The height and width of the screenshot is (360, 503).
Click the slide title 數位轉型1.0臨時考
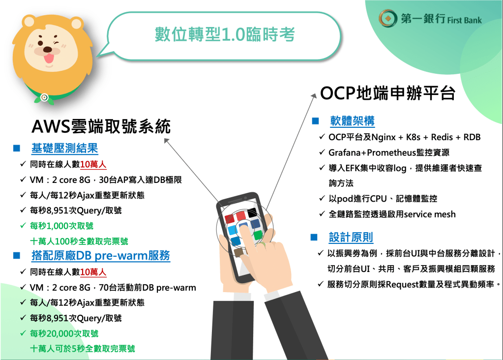click(x=225, y=34)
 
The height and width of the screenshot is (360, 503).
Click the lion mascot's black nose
click(x=48, y=49)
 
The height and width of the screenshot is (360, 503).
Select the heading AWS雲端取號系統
click(x=101, y=126)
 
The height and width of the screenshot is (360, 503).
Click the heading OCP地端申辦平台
click(x=387, y=93)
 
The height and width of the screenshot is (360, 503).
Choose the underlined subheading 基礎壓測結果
click(x=64, y=148)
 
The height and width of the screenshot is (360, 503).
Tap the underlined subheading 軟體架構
click(x=352, y=121)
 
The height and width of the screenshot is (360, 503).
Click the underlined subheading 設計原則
click(x=351, y=238)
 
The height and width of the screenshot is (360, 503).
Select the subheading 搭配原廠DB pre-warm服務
click(x=101, y=256)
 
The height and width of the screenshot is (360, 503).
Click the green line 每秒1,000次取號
click(x=61, y=226)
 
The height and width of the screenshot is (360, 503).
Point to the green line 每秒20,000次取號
click(x=64, y=334)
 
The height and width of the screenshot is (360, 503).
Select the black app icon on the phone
click(x=252, y=212)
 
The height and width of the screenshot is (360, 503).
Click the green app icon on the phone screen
click(x=258, y=235)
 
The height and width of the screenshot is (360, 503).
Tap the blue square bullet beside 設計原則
click(x=314, y=238)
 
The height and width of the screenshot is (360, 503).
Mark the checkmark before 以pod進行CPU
click(x=322, y=198)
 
